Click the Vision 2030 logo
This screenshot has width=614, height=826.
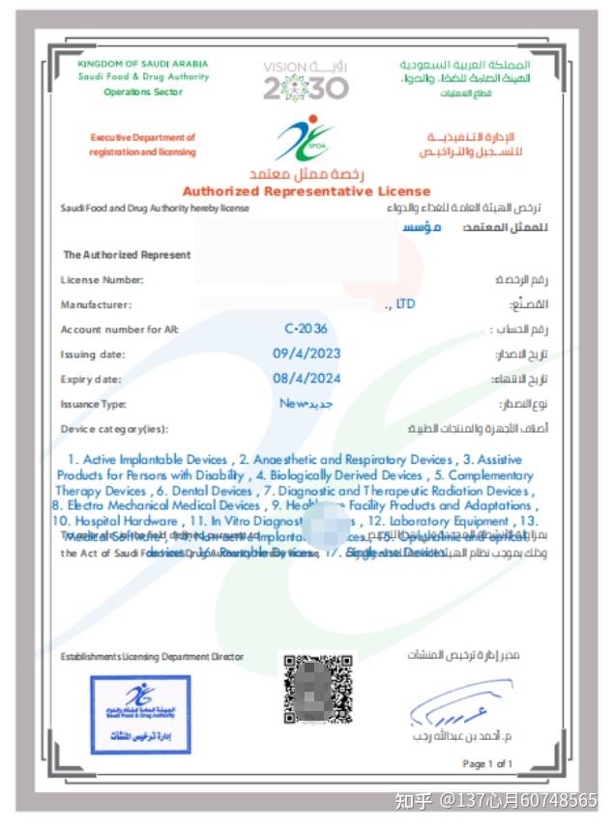305,81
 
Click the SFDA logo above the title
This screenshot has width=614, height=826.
305,140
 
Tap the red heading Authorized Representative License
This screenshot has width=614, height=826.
306,191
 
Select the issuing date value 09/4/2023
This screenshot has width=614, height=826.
306,354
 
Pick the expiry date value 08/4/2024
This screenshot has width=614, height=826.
306,379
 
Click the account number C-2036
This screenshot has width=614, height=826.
306,328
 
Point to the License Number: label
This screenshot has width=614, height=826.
102,280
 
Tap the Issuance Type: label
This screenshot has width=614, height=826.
93,405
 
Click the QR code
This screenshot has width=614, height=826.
317,689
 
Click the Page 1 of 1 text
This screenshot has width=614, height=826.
487,764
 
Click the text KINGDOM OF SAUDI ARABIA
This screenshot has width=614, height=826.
142,64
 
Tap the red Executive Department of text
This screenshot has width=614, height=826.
142,138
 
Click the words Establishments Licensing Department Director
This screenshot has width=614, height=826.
152,657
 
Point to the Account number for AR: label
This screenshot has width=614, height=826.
119,329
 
